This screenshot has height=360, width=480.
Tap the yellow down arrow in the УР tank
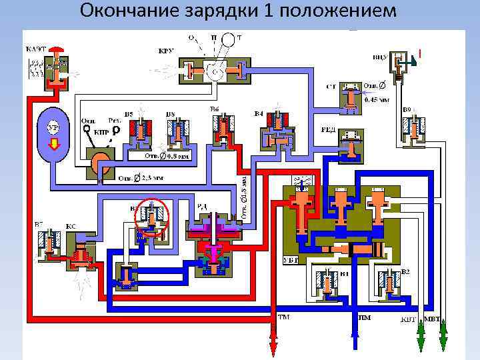coord(55,141)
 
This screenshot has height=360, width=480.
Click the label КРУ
coord(167,51)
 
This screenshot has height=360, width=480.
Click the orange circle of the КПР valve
coord(102,164)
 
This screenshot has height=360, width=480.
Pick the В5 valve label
coord(129,115)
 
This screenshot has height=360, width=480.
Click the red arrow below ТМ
coord(272,341)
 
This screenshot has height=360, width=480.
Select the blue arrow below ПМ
coord(353,338)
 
